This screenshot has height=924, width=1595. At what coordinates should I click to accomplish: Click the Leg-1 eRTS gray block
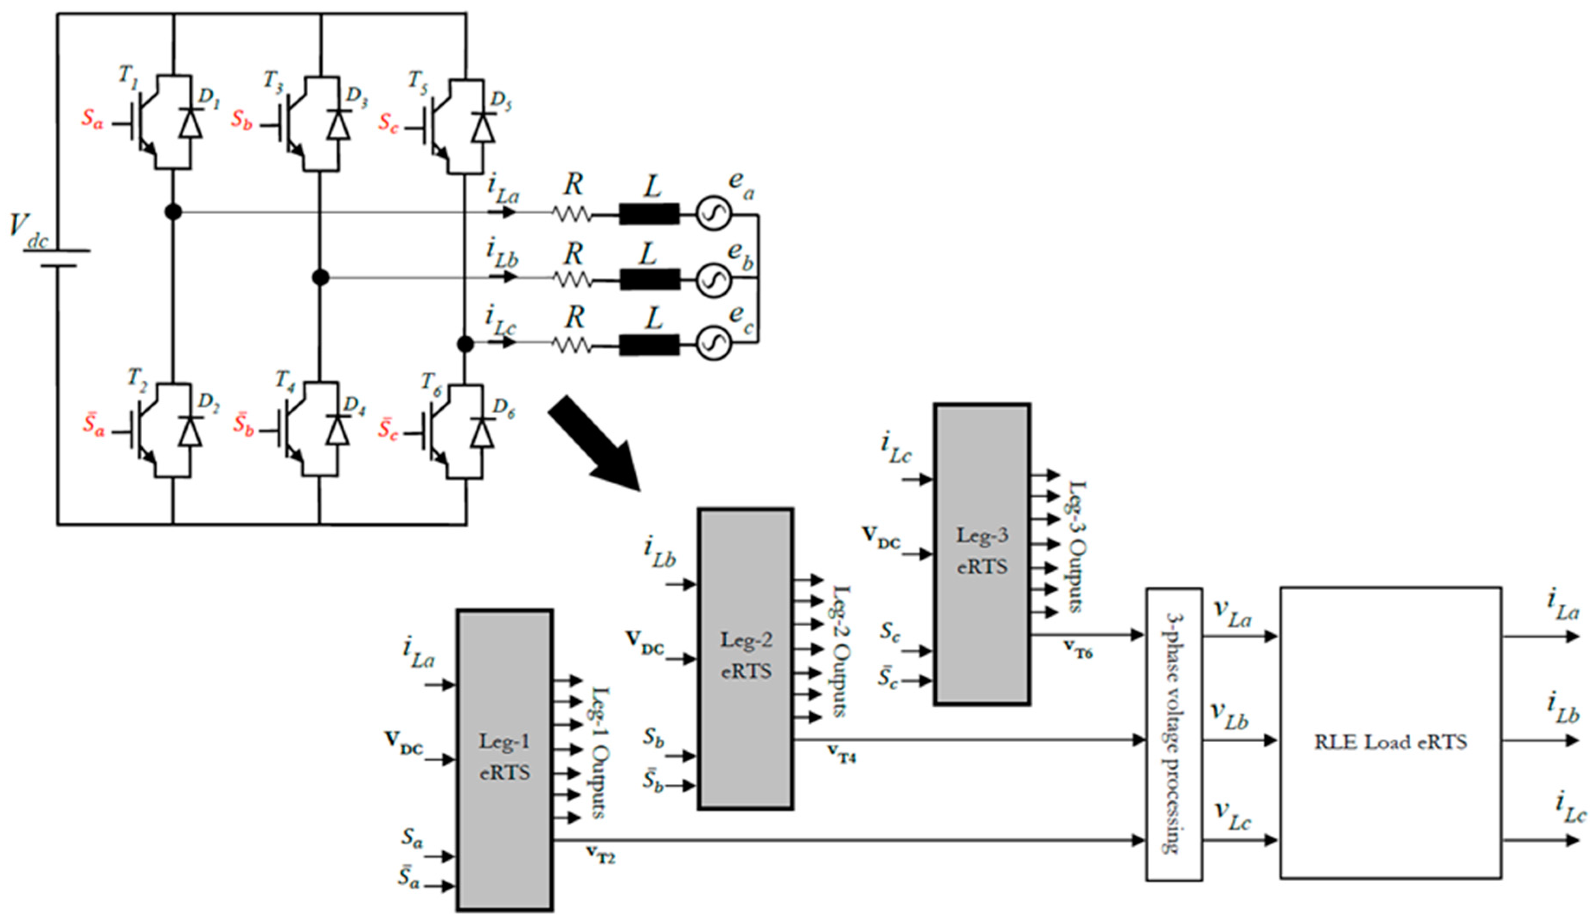504,760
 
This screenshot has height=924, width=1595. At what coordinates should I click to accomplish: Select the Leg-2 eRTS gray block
746,659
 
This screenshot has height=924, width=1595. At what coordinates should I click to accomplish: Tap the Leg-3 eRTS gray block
982,554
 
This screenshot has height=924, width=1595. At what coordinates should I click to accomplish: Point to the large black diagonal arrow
595,443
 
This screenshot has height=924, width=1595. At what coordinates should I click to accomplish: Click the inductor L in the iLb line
650,279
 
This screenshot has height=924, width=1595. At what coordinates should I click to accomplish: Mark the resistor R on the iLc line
572,345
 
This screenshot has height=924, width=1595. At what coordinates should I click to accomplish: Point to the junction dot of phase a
173,212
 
